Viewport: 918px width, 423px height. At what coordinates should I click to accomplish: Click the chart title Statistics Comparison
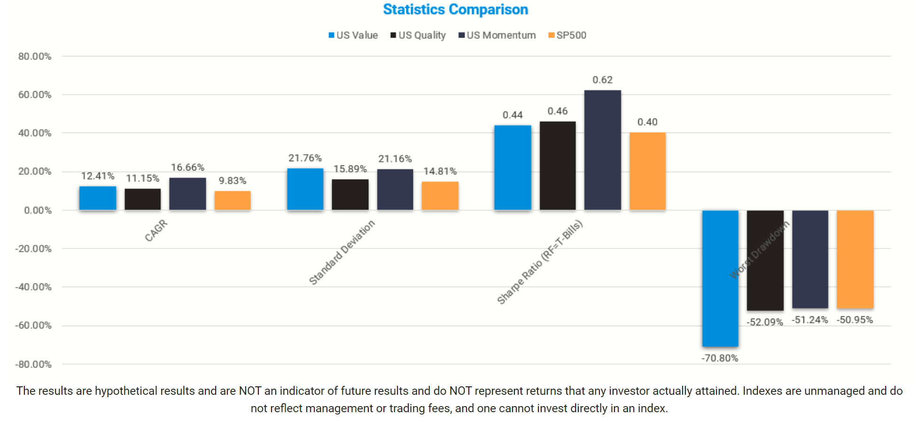455,9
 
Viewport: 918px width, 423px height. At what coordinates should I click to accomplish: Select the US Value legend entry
353,35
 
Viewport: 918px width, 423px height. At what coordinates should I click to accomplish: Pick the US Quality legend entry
418,35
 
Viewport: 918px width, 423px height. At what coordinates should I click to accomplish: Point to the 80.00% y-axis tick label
35,56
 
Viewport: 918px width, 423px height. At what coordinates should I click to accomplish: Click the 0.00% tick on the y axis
38,210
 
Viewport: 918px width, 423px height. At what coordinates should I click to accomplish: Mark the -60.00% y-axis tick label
33,325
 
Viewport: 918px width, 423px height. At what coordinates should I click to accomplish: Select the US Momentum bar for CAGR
187,194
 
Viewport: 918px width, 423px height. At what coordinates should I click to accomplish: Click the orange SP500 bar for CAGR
233,200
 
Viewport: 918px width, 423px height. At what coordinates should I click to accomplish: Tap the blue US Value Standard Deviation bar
305,189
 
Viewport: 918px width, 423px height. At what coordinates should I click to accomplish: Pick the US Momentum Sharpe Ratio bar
602,150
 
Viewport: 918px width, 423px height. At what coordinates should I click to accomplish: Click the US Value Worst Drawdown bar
720,278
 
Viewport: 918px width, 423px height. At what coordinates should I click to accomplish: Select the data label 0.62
602,80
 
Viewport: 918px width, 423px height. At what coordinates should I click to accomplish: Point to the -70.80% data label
720,358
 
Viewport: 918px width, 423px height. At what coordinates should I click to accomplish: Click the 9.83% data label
233,181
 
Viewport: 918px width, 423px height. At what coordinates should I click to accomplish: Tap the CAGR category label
156,231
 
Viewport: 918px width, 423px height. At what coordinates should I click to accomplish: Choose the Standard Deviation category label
342,252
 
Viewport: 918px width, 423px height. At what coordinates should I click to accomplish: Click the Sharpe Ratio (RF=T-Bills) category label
540,262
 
